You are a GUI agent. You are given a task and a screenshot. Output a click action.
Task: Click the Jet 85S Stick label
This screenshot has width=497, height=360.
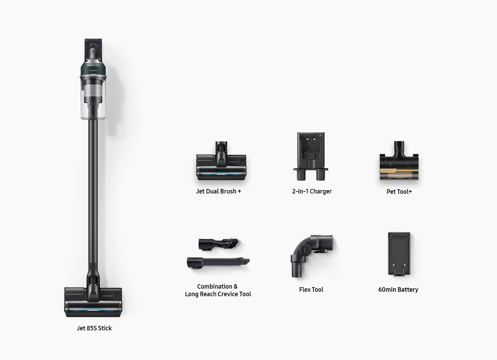coord(94,328)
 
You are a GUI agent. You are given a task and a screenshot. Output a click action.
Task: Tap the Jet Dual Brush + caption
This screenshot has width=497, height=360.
coord(218,191)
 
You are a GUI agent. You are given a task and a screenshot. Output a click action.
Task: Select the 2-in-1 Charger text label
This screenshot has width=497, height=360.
coord(312,191)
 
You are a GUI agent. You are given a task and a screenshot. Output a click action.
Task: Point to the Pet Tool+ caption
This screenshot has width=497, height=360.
coord(399,191)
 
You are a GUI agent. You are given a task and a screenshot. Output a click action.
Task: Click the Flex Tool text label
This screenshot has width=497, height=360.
coord(311,290)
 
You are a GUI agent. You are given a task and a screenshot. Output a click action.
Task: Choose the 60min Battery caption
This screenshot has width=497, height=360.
coord(398,290)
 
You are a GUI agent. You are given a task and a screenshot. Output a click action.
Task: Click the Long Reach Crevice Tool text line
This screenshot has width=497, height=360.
coord(218,294)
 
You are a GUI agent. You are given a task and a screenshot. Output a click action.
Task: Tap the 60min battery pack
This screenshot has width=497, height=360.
coord(399,254)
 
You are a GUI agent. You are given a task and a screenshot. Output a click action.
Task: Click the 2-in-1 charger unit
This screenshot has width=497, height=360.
coord(311,156)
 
